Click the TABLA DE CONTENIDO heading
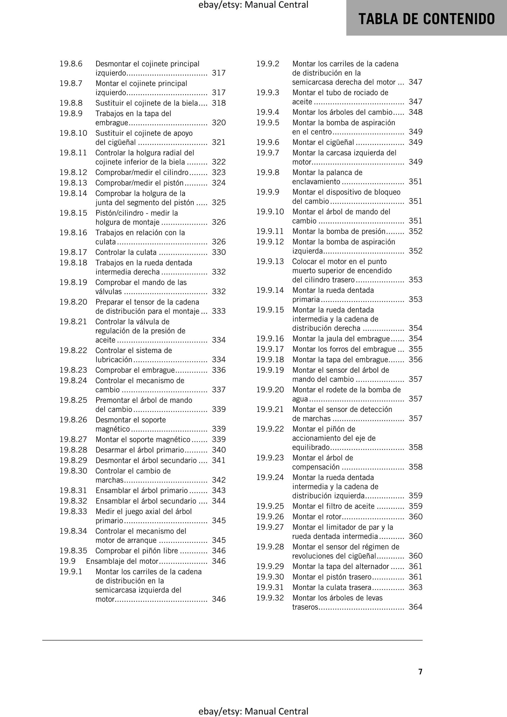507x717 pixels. [426, 19]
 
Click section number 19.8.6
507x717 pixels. [71, 64]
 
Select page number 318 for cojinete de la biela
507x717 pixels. [219, 103]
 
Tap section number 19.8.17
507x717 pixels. [73, 252]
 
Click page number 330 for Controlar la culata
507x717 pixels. [219, 252]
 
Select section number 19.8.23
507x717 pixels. [73, 370]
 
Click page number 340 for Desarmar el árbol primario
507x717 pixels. [219, 450]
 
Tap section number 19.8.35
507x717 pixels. [73, 550]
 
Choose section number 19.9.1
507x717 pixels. [71, 571]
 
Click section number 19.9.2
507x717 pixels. [268, 64]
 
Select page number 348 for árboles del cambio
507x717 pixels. [415, 112]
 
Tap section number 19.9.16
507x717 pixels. [270, 339]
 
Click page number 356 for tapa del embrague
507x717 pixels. [415, 360]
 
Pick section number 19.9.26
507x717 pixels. [270, 517]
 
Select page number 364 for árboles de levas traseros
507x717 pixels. [415, 607]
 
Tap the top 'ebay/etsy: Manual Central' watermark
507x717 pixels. [253, 5]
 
